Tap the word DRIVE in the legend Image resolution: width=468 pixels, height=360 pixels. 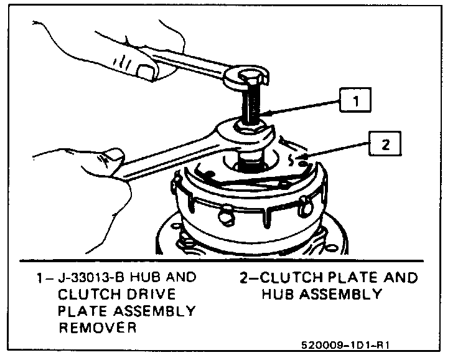pyautogui.click(x=145, y=293)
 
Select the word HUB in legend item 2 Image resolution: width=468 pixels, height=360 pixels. pyautogui.click(x=281, y=293)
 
